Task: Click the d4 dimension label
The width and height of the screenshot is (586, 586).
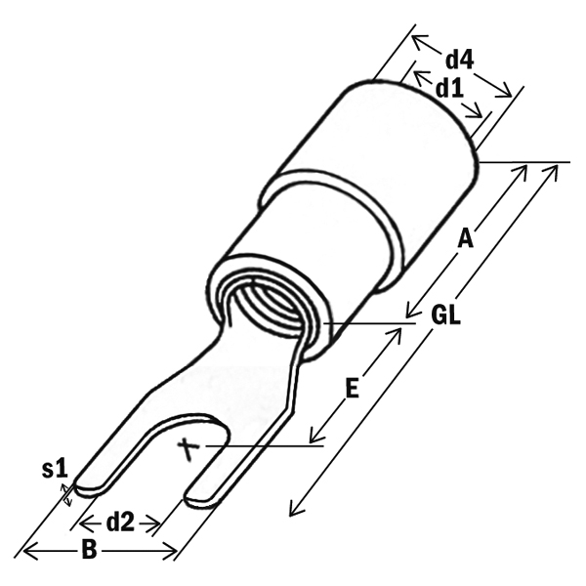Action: pyautogui.click(x=459, y=60)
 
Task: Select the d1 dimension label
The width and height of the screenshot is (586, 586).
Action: pyautogui.click(x=450, y=88)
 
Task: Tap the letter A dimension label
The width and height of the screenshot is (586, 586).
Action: pyautogui.click(x=465, y=238)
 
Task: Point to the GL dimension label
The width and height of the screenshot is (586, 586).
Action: pyautogui.click(x=446, y=315)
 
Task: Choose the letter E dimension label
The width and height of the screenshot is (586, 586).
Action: pyautogui.click(x=352, y=389)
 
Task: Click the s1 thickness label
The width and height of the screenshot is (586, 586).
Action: pyautogui.click(x=55, y=469)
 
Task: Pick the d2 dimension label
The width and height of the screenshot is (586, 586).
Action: pyautogui.click(x=120, y=523)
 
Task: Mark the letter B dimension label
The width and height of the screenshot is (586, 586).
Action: pyautogui.click(x=89, y=550)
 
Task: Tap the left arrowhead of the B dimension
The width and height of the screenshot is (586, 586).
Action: pyautogui.click(x=28, y=551)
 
